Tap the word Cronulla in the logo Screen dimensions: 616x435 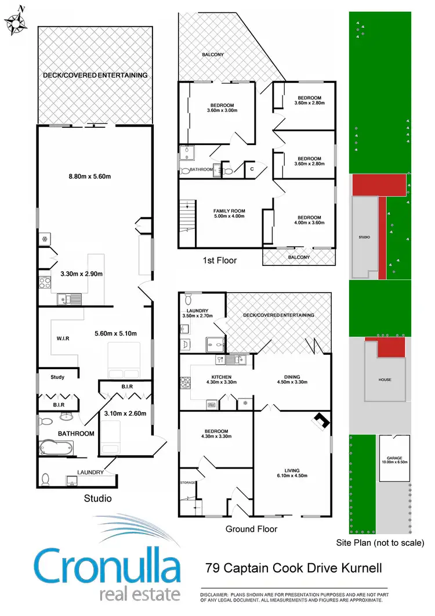(107, 566)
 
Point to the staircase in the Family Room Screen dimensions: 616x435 (187, 215)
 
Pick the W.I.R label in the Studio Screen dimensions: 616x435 (63, 338)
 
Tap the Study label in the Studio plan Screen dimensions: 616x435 (57, 377)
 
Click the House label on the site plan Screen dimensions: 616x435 (385, 380)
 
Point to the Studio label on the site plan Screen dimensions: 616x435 (364, 237)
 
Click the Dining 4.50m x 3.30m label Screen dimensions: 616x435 (292, 378)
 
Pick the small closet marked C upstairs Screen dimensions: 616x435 (252, 169)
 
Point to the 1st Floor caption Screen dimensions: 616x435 (220, 260)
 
